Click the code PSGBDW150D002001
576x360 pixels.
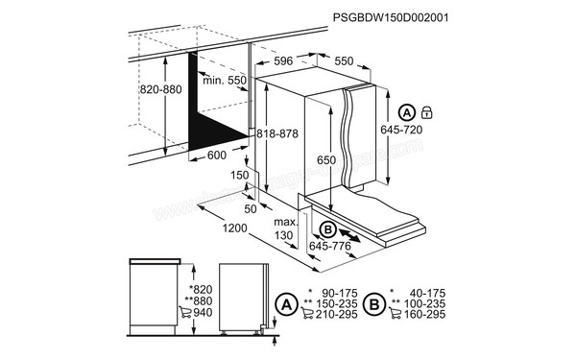pos(391,17)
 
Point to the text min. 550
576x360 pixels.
pos(224,82)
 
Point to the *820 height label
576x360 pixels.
pos(201,289)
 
